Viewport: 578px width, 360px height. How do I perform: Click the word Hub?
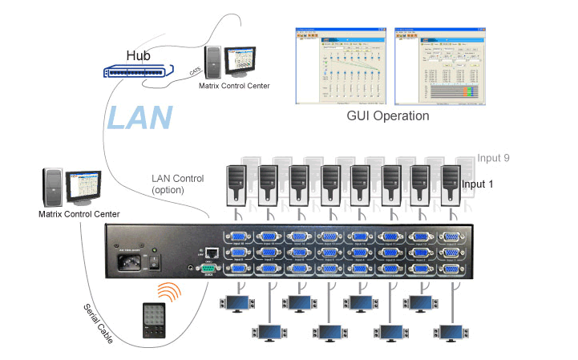click(x=138, y=55)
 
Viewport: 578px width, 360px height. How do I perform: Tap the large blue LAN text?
click(x=139, y=117)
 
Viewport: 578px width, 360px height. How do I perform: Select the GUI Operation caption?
click(x=387, y=115)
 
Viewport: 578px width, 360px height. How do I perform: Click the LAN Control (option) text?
click(x=177, y=184)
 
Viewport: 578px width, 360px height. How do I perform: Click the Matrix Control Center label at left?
click(x=79, y=214)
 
